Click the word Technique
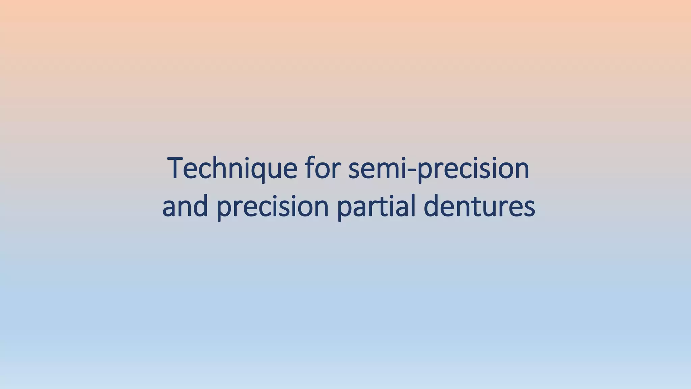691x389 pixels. tap(232, 168)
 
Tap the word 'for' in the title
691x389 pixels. tap(323, 168)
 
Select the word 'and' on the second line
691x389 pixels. tap(185, 206)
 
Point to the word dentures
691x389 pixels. tap(479, 206)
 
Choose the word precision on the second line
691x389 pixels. tap(272, 206)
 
